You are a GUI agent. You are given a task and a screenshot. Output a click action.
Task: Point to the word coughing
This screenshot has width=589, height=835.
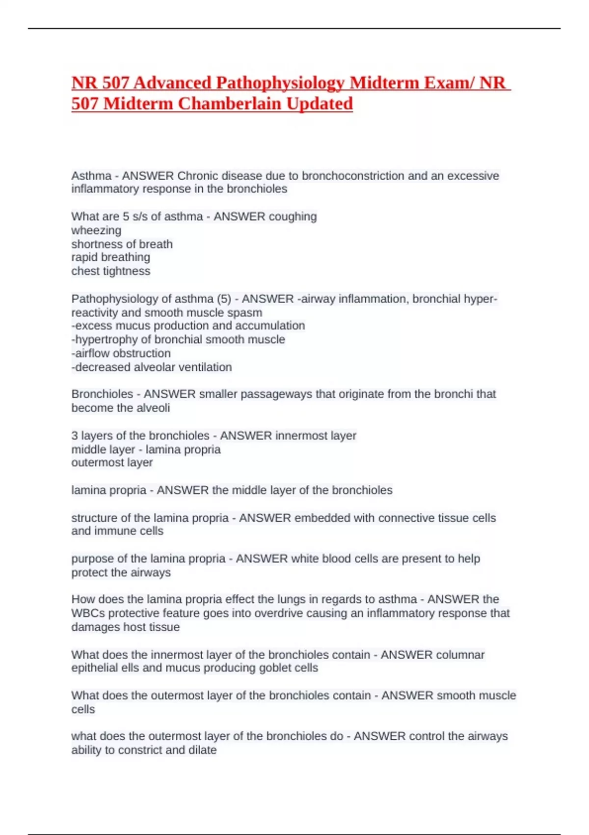point(293,217)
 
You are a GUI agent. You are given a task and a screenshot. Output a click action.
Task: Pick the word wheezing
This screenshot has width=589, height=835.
point(96,230)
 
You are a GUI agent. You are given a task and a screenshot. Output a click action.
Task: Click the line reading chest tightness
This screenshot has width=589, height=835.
point(111,271)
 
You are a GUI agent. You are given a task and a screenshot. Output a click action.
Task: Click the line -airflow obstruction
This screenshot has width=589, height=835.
point(121,353)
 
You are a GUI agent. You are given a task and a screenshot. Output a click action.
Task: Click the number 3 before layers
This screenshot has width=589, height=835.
point(75,436)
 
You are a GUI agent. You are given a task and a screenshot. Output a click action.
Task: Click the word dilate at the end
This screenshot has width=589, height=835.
point(202,750)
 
